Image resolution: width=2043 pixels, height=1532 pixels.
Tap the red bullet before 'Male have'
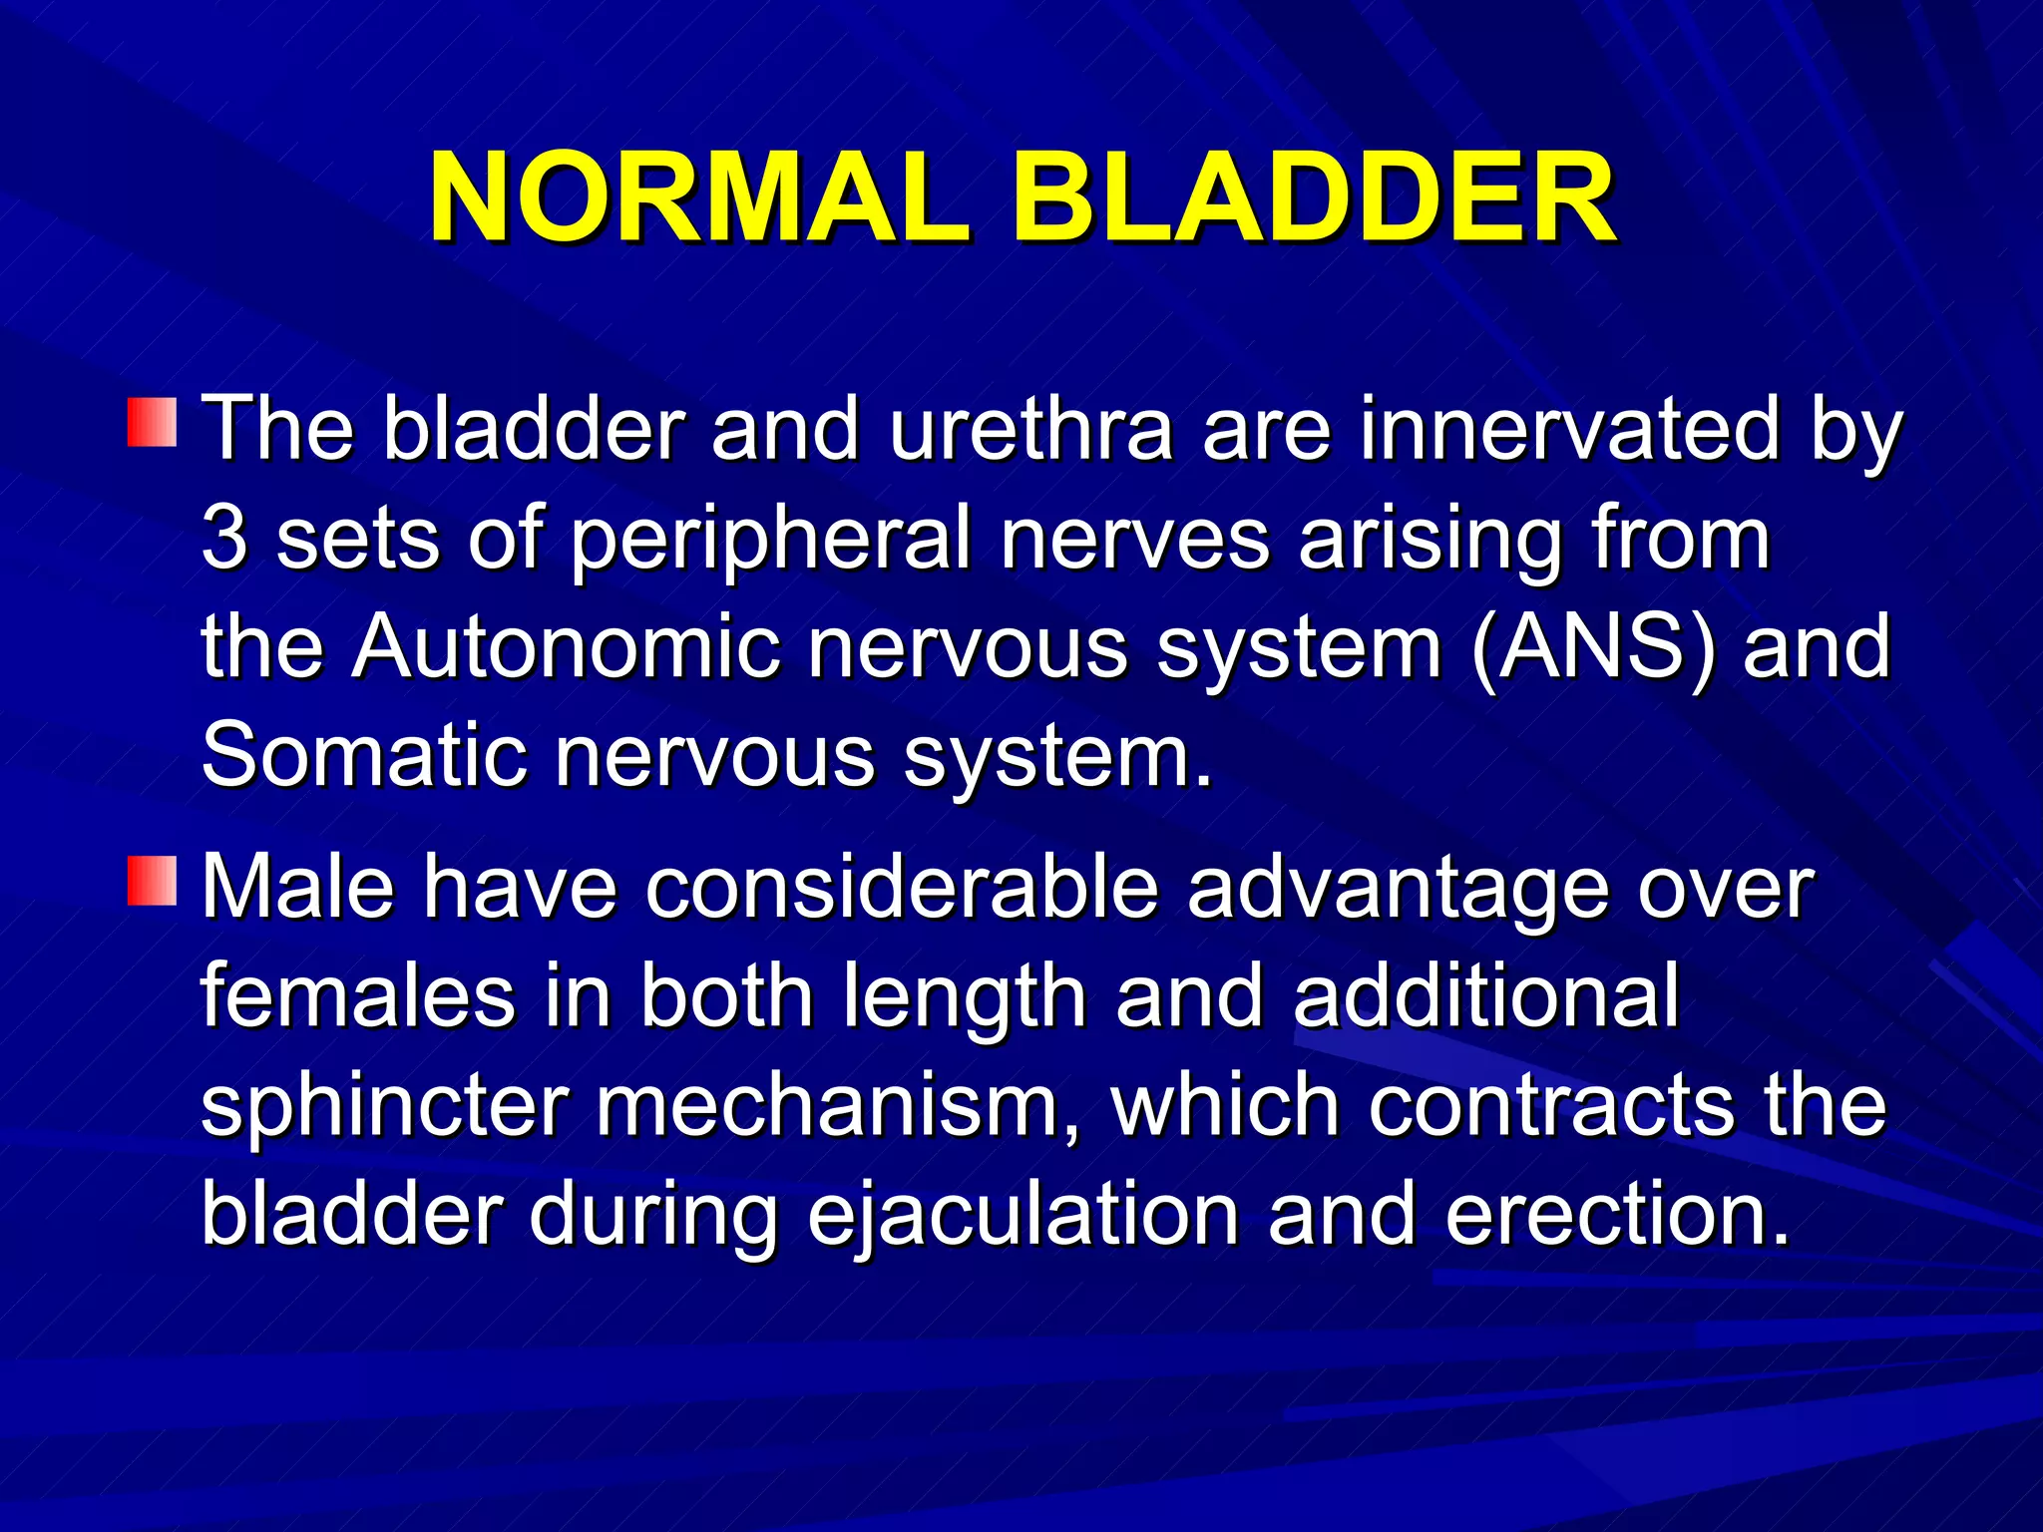coord(152,880)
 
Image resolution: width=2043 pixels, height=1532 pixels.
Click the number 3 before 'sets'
coord(223,539)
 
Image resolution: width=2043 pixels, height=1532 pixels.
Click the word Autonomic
coord(565,648)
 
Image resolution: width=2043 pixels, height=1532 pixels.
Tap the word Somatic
coord(363,756)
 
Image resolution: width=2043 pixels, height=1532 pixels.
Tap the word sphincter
coord(384,1107)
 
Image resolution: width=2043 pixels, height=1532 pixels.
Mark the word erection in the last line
coord(1616,1215)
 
